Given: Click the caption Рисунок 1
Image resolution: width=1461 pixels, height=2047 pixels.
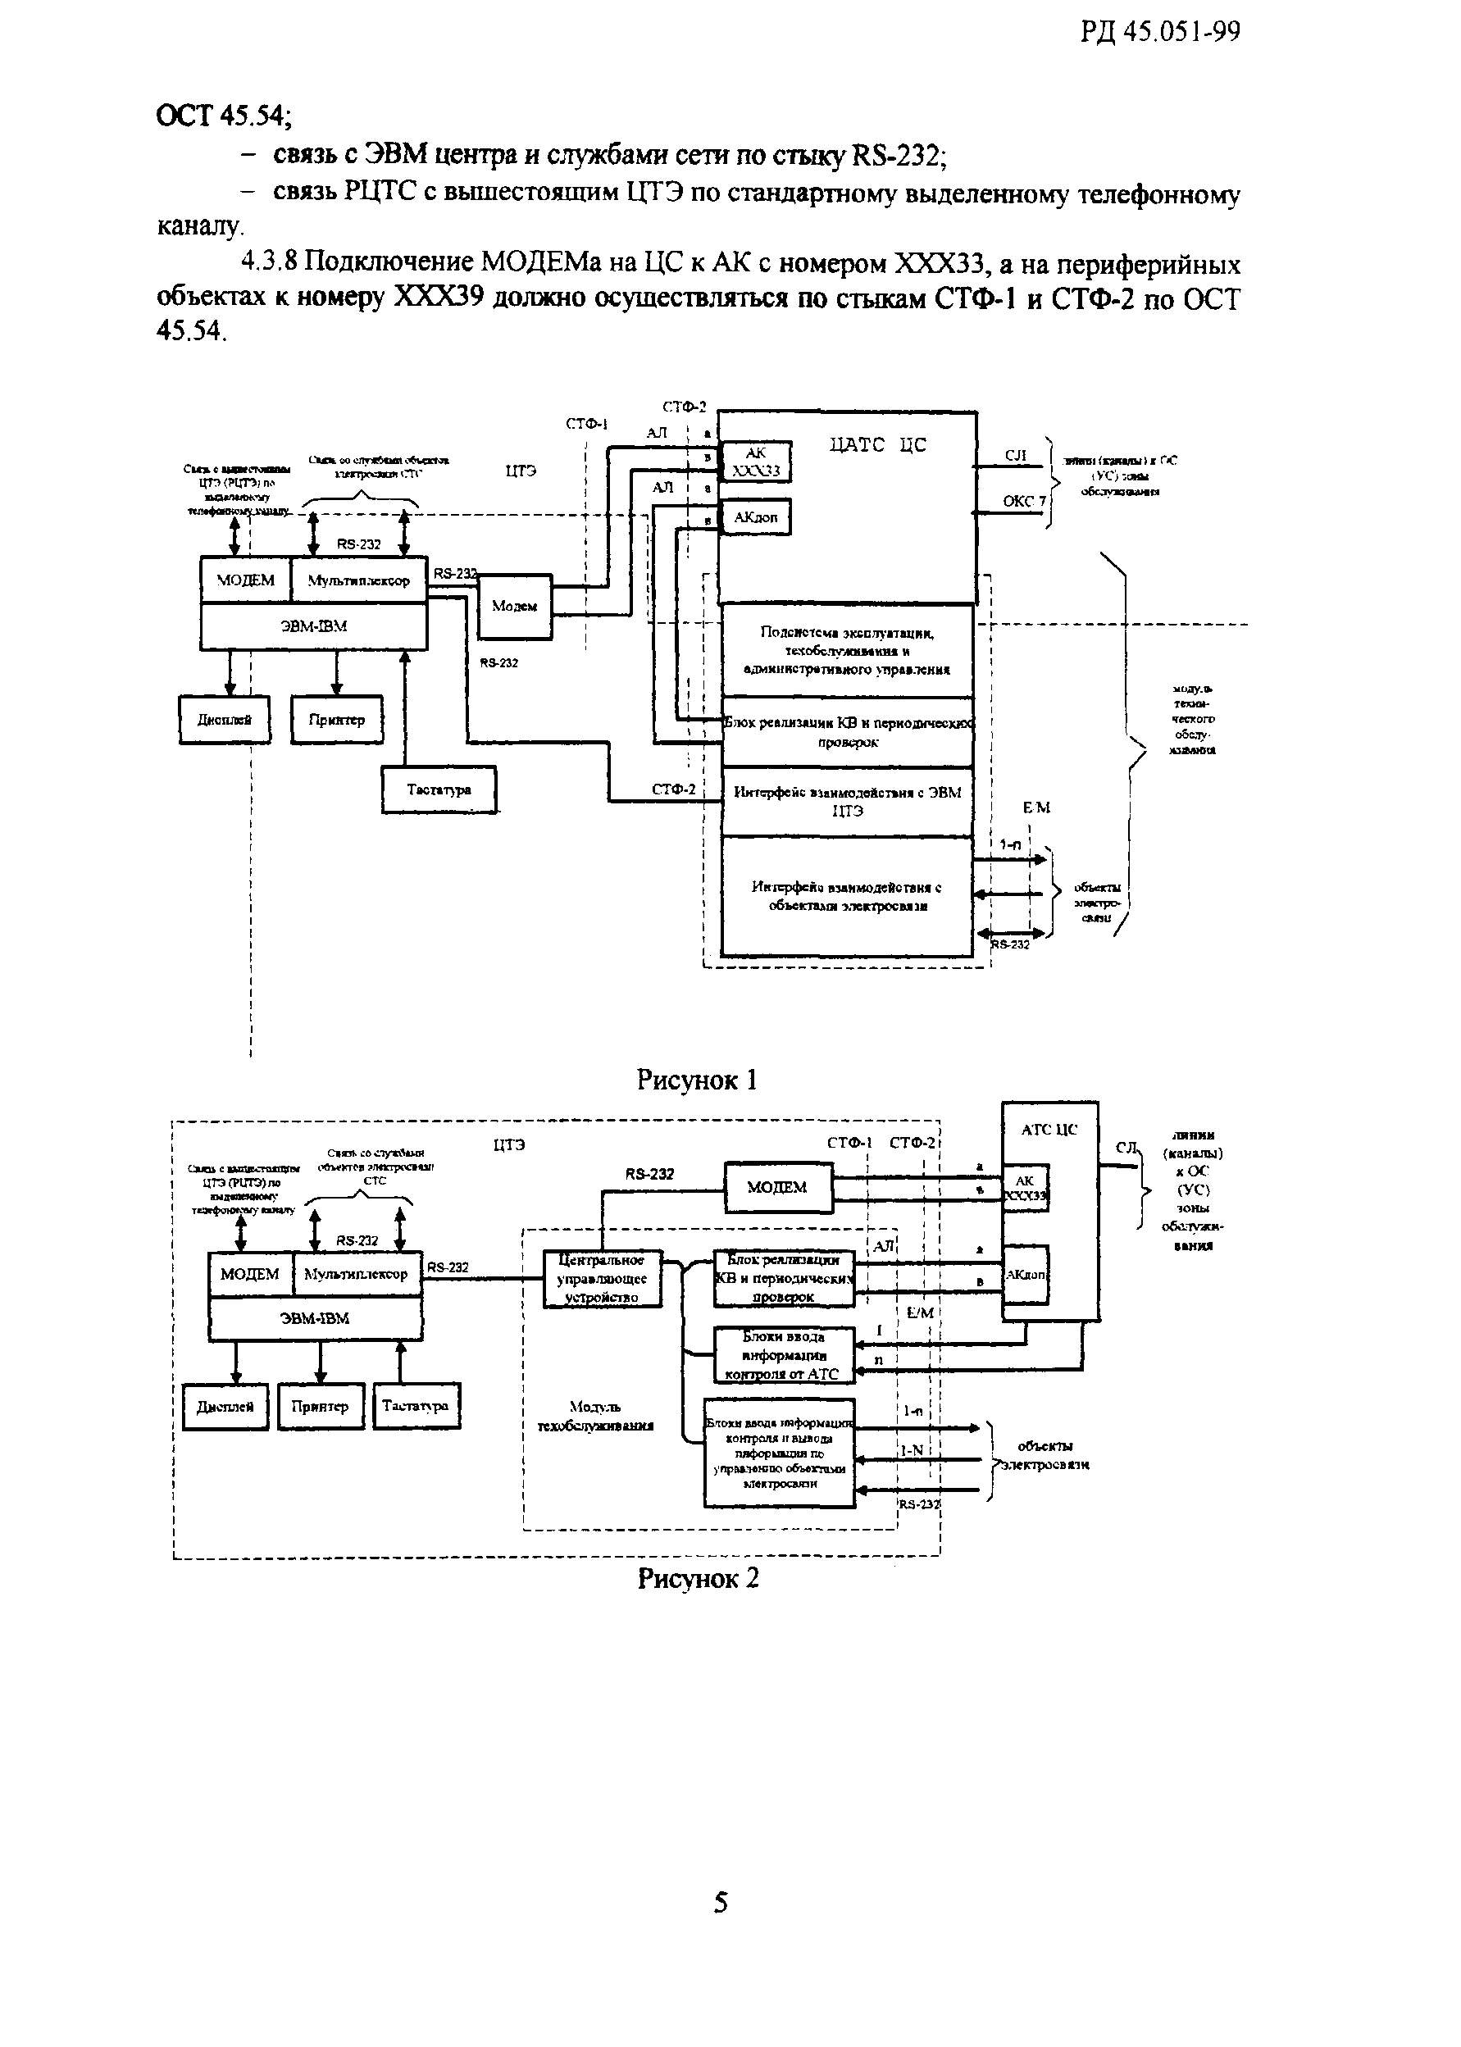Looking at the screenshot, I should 696,1080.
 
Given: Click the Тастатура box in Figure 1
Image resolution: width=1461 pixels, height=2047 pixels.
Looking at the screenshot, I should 439,789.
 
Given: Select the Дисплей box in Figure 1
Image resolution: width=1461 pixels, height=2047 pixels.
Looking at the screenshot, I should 224,720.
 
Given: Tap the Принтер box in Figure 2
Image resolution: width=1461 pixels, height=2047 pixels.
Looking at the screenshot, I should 320,1407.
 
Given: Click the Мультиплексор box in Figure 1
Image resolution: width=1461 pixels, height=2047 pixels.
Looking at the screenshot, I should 358,580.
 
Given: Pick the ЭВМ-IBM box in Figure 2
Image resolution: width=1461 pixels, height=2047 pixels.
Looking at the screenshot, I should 315,1318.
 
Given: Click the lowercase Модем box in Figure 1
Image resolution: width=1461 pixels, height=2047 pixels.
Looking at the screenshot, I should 515,606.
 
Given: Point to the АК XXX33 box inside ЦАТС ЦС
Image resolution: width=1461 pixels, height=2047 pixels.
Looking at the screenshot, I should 756,462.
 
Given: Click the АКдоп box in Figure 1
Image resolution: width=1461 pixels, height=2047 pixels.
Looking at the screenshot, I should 756,517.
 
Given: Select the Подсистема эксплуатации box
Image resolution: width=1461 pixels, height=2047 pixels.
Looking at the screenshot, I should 848,650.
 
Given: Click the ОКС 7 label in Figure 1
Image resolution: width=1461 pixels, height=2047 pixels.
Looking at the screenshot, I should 1024,501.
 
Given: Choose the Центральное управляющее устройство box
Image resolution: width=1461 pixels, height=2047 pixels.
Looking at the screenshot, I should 602,1278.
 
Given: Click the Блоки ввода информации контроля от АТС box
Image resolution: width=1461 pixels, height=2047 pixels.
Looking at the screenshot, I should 784,1354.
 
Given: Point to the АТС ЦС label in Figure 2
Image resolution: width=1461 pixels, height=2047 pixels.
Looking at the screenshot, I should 1049,1130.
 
